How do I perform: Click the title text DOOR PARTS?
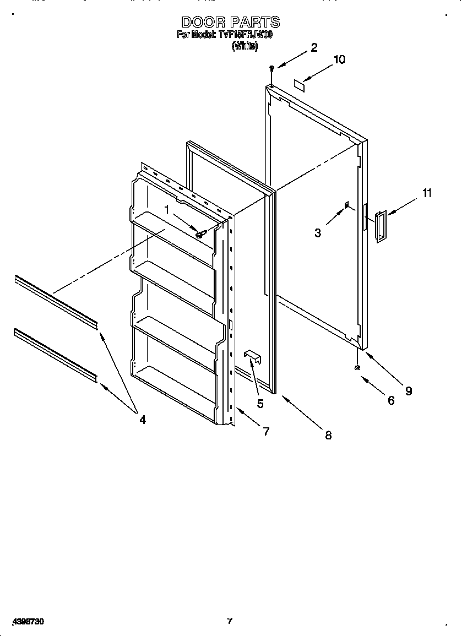click(x=230, y=22)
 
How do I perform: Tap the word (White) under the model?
click(x=245, y=47)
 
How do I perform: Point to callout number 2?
click(x=313, y=47)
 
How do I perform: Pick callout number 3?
click(x=318, y=232)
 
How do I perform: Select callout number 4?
click(x=142, y=420)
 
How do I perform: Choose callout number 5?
click(x=260, y=404)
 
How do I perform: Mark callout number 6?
click(x=390, y=400)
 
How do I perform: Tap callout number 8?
click(x=328, y=435)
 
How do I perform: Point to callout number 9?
click(x=408, y=391)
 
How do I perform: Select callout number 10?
click(x=339, y=59)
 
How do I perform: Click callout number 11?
click(x=427, y=193)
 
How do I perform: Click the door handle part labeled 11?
click(x=381, y=226)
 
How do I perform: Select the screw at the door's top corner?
click(x=271, y=68)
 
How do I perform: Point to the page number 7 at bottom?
click(x=230, y=621)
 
